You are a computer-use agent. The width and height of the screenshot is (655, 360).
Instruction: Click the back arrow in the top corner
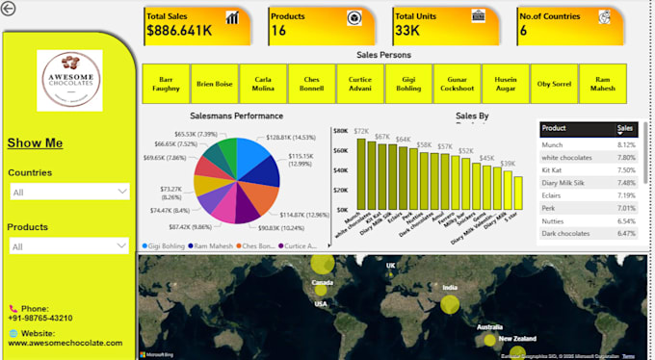click(x=10, y=9)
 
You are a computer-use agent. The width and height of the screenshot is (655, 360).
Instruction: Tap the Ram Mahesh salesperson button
click(x=603, y=84)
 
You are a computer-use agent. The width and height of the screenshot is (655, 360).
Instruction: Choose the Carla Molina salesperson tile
click(x=263, y=84)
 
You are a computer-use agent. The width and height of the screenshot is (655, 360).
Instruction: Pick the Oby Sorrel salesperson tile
click(x=554, y=84)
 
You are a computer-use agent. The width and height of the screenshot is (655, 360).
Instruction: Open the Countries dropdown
click(x=67, y=192)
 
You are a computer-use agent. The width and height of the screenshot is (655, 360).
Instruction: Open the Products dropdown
click(x=67, y=246)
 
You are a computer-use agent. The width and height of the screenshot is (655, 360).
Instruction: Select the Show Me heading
click(x=35, y=143)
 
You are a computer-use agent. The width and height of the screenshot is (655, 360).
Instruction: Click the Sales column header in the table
click(x=625, y=128)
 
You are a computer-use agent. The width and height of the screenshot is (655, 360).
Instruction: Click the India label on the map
click(x=450, y=286)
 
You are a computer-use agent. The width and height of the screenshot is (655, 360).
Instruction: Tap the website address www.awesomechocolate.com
click(x=65, y=343)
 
